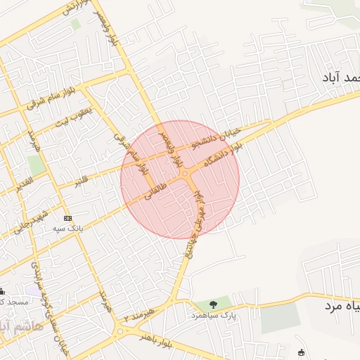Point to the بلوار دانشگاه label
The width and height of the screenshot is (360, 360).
pos(222,155)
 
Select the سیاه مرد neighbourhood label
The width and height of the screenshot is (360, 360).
pos(342,307)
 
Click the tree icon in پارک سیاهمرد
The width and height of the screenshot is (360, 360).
pos(212,304)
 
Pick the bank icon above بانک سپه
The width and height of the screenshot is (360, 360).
pos(67,218)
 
